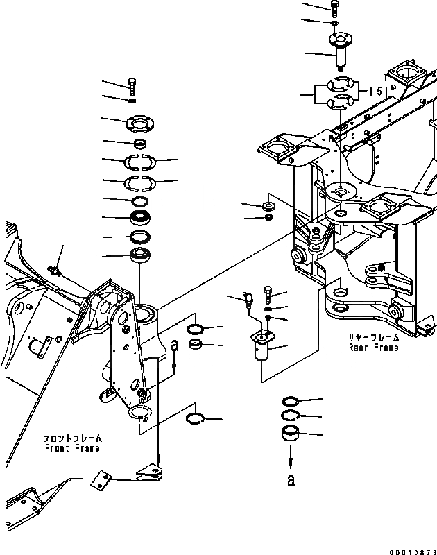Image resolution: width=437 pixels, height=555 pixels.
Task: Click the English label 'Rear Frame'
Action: click(375, 348)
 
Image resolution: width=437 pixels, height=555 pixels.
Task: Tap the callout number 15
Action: click(376, 92)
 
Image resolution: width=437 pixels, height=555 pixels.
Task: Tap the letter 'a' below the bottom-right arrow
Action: click(291, 479)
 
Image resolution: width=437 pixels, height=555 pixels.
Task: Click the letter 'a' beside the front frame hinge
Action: click(174, 344)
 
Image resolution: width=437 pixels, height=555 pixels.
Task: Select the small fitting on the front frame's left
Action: click(54, 268)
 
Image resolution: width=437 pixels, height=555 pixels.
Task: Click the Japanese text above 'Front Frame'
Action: click(72, 438)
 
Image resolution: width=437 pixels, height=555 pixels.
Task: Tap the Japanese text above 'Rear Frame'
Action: click(375, 337)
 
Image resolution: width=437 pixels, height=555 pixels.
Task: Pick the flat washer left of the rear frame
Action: click(268, 206)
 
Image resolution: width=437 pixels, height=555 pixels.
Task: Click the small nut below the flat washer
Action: click(268, 219)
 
